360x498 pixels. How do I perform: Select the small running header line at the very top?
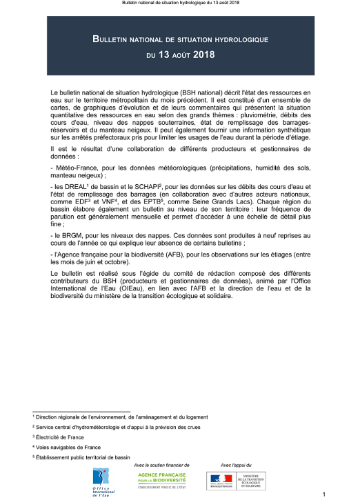[179, 3]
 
